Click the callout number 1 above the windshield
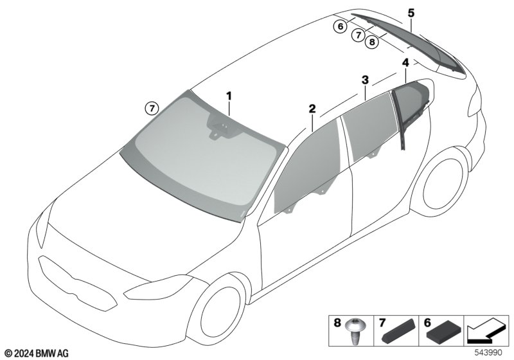tap(229, 96)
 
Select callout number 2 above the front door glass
tap(312, 109)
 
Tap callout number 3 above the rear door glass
tap(365, 80)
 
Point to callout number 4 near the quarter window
tap(406, 62)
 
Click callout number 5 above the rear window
tap(411, 13)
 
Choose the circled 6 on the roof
tap(341, 26)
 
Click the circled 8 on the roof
tap(372, 42)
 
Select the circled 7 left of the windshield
tap(152, 108)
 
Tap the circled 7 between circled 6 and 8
tap(359, 35)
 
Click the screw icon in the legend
tap(355, 331)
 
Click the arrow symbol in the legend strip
tap(487, 330)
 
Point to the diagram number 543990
tap(488, 353)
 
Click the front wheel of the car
tap(221, 312)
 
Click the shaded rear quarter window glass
tap(412, 104)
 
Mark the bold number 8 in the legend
tap(337, 323)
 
